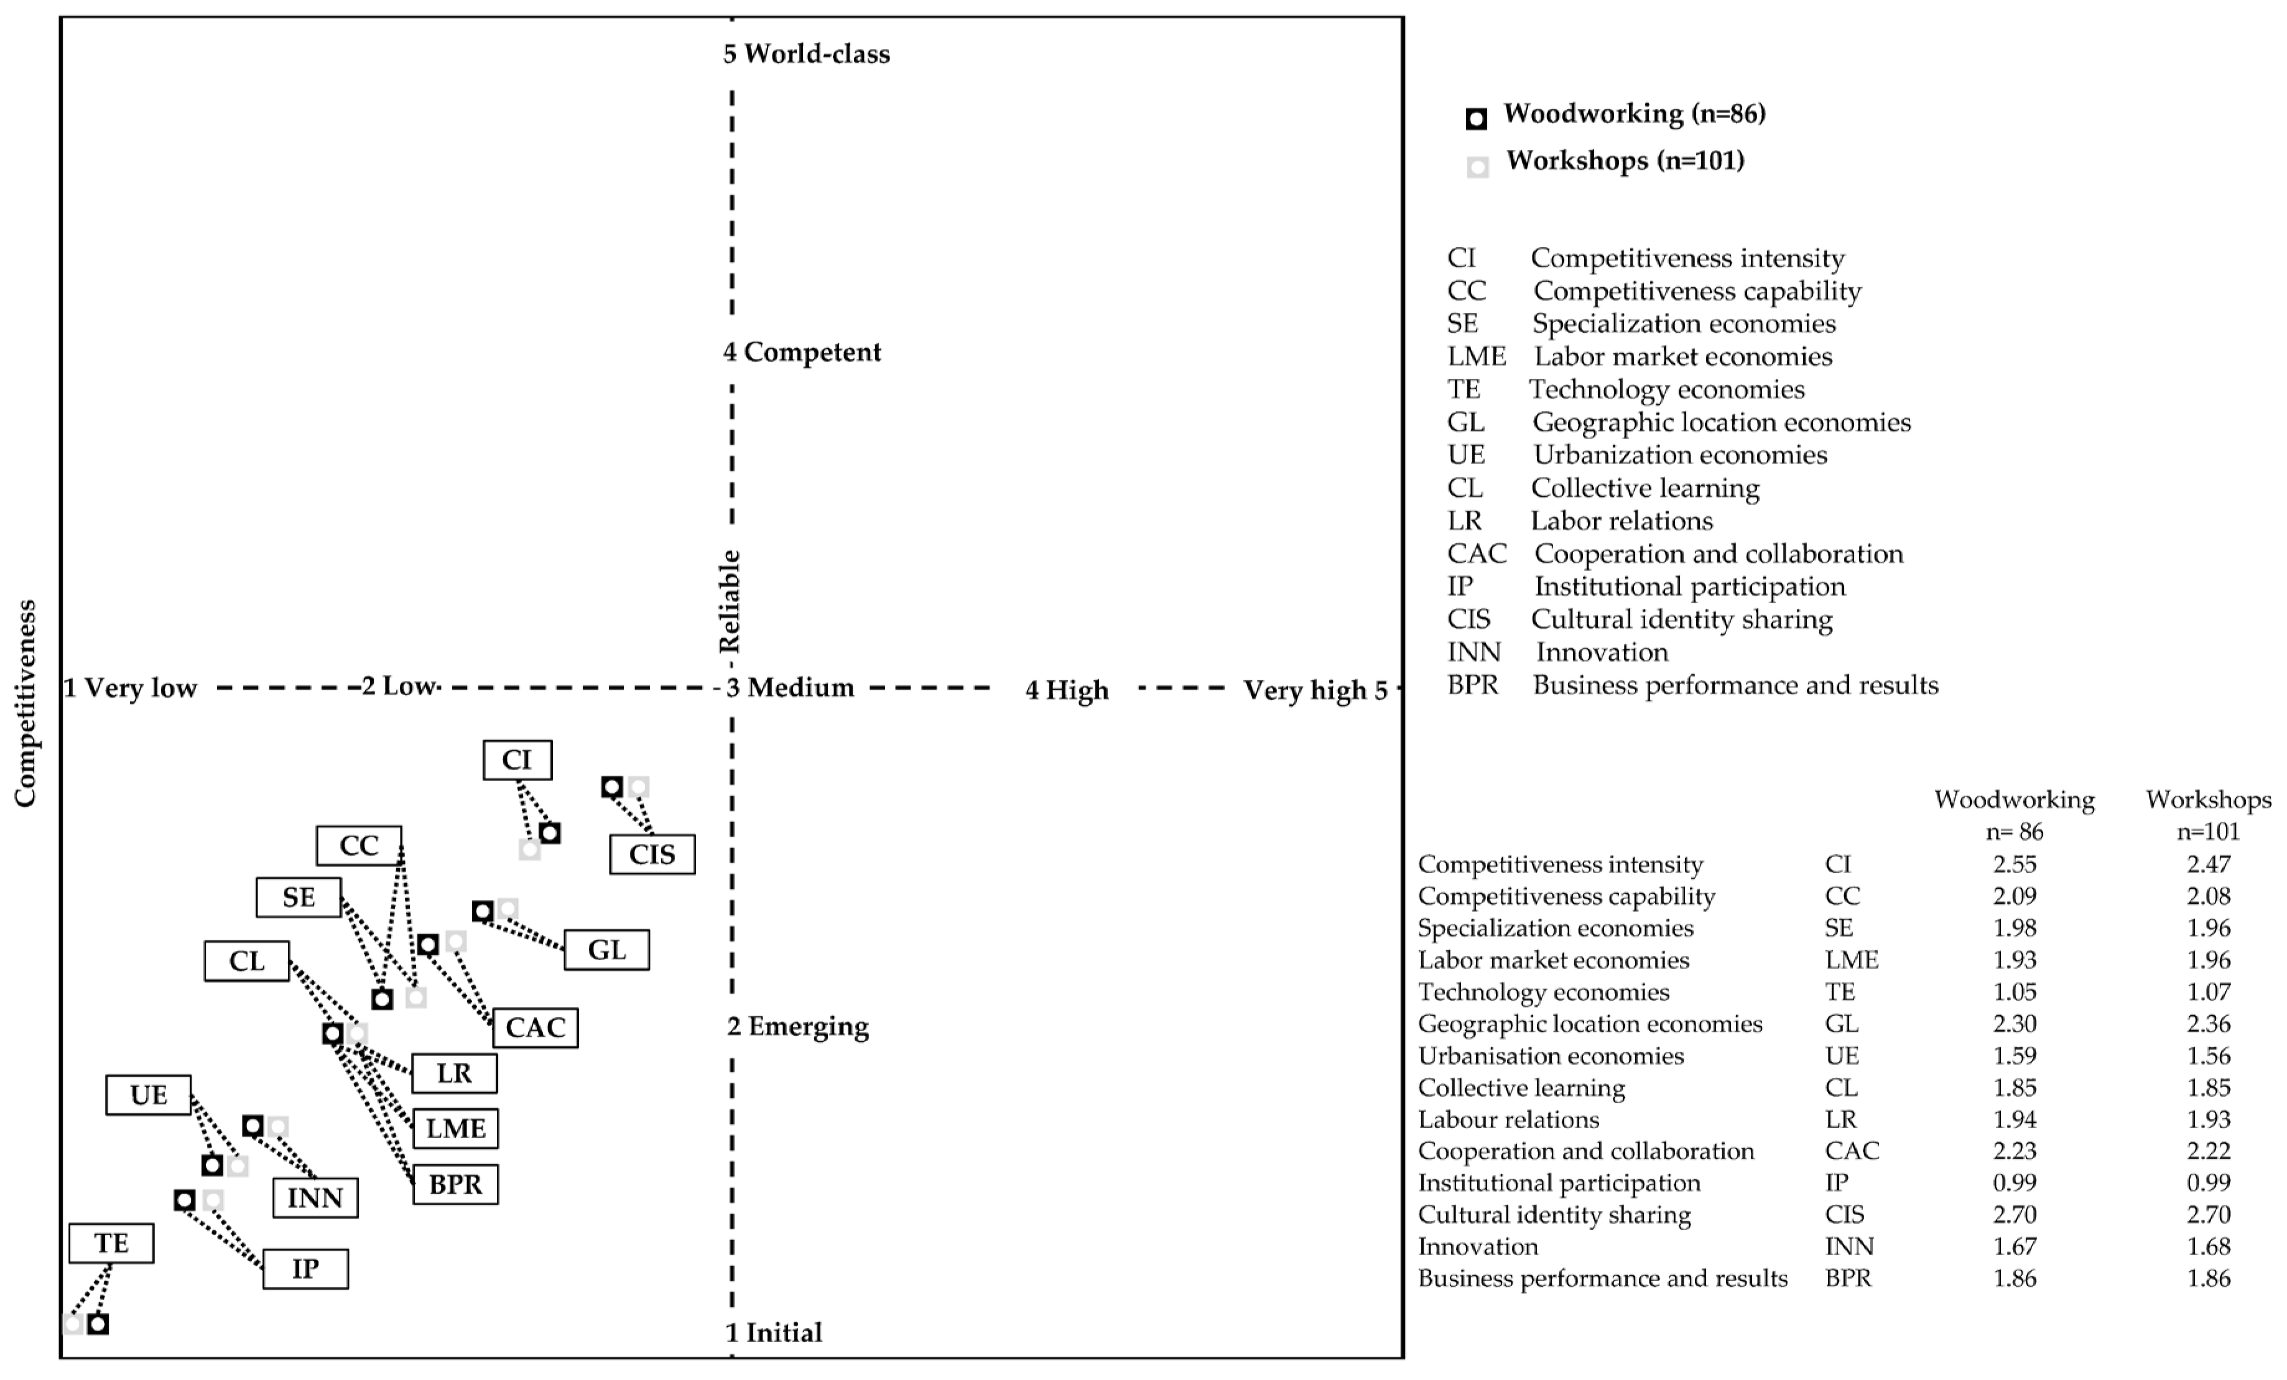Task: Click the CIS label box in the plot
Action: pos(652,854)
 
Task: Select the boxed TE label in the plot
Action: pos(111,1243)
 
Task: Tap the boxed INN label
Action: pos(315,1197)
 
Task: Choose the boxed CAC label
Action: pos(535,1027)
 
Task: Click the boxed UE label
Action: pos(149,1095)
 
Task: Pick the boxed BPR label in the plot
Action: pos(455,1184)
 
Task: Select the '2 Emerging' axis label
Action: pos(797,1026)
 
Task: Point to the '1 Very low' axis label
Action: pos(130,688)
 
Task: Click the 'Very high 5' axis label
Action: pos(1315,690)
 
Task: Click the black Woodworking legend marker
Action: pos(1476,119)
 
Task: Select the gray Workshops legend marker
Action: pos(1478,167)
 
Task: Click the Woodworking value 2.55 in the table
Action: pos(2014,864)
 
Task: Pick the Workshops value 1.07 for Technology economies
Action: pos(2207,992)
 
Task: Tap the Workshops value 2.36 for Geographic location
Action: pos(2207,1024)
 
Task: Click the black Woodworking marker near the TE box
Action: pos(98,1324)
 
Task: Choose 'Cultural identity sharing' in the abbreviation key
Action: pos(1681,619)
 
